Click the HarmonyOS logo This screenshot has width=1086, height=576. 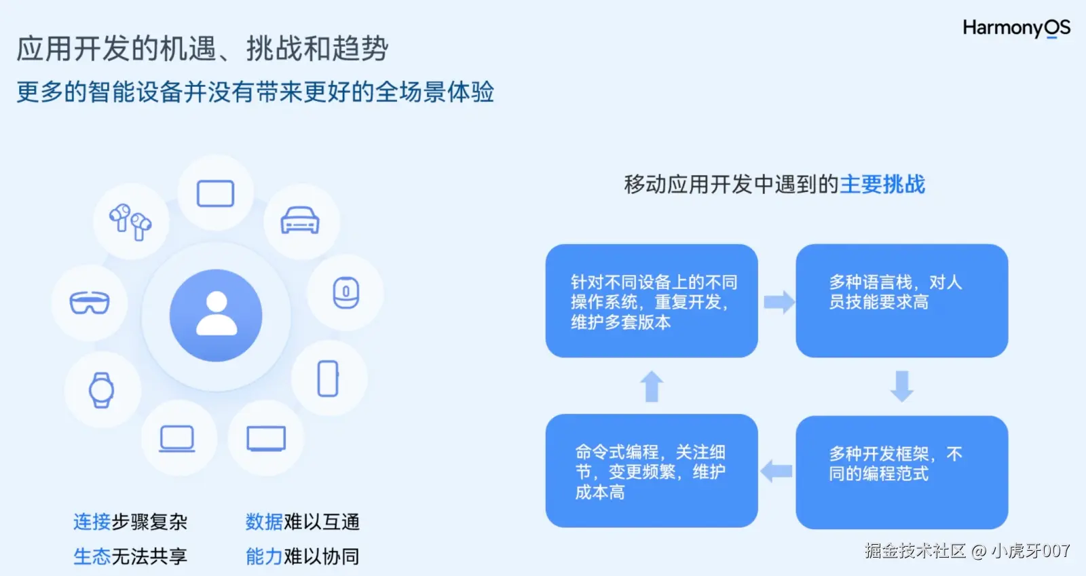click(x=1016, y=28)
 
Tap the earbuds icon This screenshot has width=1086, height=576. click(x=130, y=221)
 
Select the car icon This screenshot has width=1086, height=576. click(x=300, y=220)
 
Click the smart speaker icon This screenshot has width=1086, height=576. click(x=345, y=292)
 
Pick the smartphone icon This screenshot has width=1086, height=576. click(x=328, y=378)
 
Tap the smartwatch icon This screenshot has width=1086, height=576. click(x=102, y=390)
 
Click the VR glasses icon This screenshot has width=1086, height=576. click(x=90, y=303)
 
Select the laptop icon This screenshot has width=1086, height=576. click(x=177, y=438)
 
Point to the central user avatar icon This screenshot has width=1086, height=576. click(x=216, y=315)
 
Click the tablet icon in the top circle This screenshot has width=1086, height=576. click(x=215, y=193)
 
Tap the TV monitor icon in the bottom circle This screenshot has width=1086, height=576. click(x=266, y=438)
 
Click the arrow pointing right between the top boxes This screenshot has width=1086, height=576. click(x=778, y=302)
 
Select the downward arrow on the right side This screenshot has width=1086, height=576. click(x=901, y=386)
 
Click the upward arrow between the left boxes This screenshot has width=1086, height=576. click(x=652, y=386)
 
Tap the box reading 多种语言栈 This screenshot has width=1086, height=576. click(x=901, y=301)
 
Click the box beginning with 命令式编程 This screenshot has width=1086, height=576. click(x=652, y=471)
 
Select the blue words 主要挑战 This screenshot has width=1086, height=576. click(x=882, y=185)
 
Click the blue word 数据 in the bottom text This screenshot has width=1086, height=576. click(x=264, y=522)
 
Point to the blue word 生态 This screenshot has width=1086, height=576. click(x=92, y=556)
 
